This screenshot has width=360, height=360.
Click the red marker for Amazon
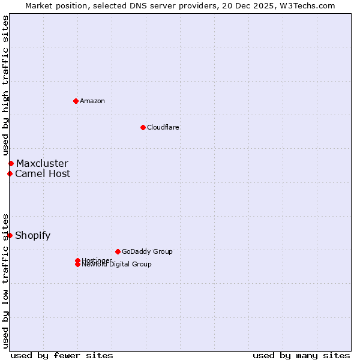tap(76, 101)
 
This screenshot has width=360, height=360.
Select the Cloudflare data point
tap(143, 127)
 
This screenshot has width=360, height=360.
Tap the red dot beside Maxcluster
tap(11, 163)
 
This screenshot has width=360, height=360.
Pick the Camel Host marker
tap(10, 174)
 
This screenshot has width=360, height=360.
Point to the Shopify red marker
tap(10, 235)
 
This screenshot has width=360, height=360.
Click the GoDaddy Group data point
tap(118, 251)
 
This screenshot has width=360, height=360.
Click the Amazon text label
tap(92, 101)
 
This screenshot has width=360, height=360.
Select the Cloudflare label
tap(163, 127)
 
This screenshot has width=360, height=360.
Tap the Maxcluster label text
tap(42, 163)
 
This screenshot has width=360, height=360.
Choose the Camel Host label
tap(43, 174)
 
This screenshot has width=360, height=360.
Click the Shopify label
tap(32, 235)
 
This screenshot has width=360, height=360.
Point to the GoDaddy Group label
tap(147, 251)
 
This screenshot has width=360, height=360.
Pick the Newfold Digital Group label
tap(116, 265)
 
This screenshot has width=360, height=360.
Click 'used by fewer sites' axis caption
tap(62, 355)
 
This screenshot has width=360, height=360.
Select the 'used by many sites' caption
tap(301, 355)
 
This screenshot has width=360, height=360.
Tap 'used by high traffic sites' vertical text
tap(5, 85)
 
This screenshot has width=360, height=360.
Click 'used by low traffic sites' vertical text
tap(5, 280)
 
